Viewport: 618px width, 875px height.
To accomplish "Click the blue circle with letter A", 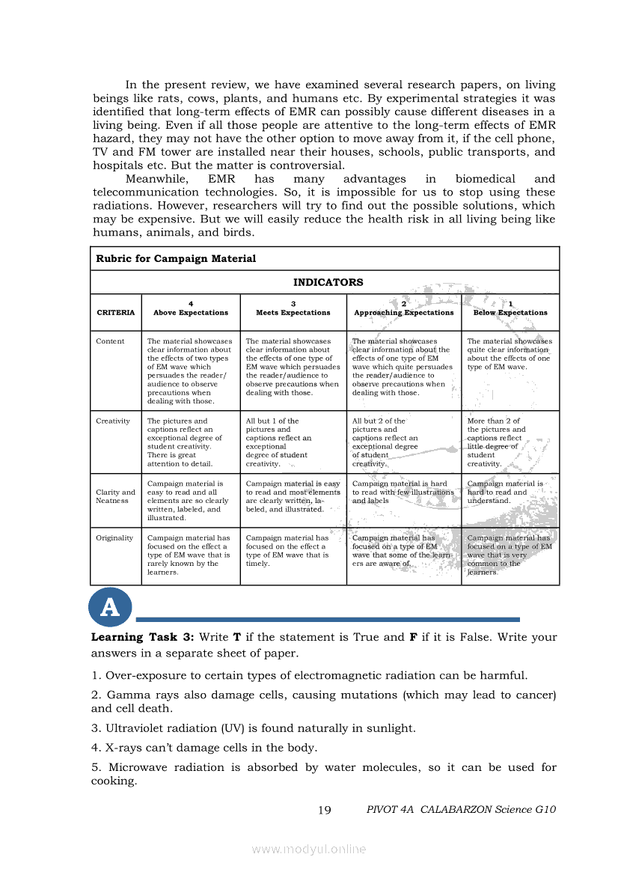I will tap(110, 608).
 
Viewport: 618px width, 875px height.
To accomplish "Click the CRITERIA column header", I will tap(116, 312).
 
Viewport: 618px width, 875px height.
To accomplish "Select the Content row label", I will tap(110, 341).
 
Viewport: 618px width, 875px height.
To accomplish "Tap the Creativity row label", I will tap(113, 421).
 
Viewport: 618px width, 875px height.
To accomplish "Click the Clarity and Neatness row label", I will tap(115, 496).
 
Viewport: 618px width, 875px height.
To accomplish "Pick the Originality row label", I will tap(114, 538).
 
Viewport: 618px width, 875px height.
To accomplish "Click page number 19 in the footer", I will tap(324, 810).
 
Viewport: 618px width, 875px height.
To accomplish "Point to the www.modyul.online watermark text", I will tap(309, 849).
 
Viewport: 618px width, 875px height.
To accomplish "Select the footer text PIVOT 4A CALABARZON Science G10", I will tap(461, 810).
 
